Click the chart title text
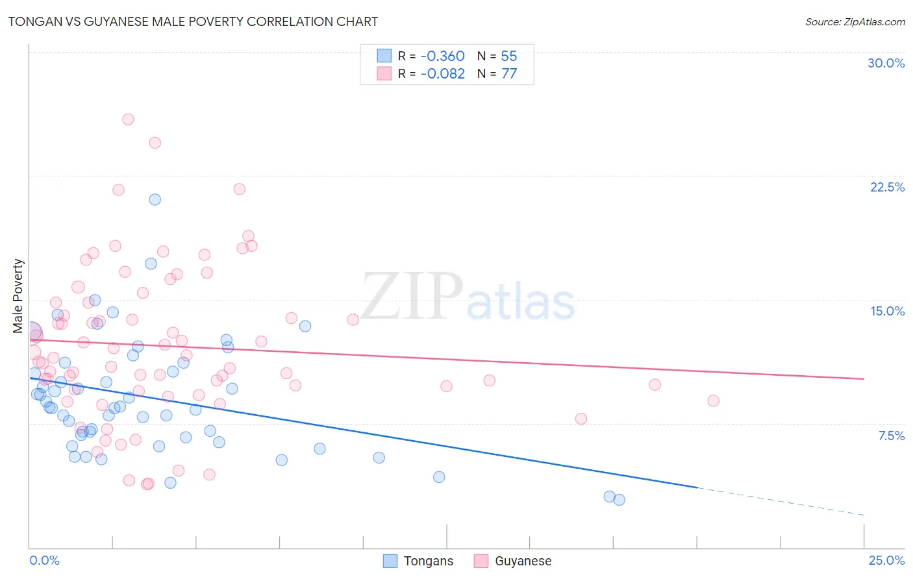tap(193, 21)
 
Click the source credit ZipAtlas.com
tap(855, 21)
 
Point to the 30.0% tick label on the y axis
tap(886, 63)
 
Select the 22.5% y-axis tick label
tap(887, 187)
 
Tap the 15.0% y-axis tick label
tap(887, 311)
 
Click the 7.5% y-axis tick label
tap(891, 436)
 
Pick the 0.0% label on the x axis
tap(44, 560)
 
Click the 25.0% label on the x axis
tap(886, 560)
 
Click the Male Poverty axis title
tap(18, 296)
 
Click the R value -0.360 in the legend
tap(442, 56)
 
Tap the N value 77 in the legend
tap(509, 73)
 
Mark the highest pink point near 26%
tap(128, 119)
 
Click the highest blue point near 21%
tap(155, 199)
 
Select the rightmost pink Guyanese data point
tap(713, 400)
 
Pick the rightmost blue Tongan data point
tap(619, 500)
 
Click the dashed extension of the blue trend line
tap(779, 501)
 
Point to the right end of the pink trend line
tap(863, 378)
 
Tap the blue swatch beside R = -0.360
tap(384, 56)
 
